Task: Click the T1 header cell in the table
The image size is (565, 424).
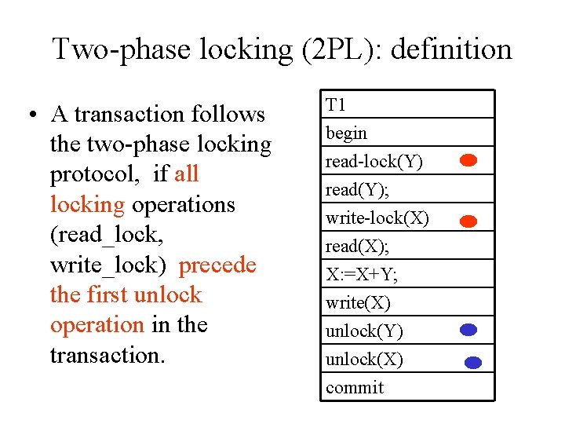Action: [x=336, y=105]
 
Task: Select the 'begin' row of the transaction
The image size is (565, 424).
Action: [x=346, y=133]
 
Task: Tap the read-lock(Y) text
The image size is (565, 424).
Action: [x=374, y=162]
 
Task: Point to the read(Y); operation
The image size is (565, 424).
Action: [x=357, y=190]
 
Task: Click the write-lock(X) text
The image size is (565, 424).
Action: [x=377, y=218]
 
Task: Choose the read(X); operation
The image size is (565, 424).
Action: [x=357, y=247]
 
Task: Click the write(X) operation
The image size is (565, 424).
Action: [x=358, y=303]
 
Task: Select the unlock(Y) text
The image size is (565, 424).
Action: [x=364, y=331]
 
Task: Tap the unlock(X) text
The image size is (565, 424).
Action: [x=364, y=360]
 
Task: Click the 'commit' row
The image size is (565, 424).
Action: [x=355, y=388]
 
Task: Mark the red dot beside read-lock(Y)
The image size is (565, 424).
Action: [x=468, y=161]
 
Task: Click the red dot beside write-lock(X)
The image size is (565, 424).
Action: [x=468, y=221]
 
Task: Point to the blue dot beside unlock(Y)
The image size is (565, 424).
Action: [x=468, y=331]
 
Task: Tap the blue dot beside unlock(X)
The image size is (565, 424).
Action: [x=472, y=363]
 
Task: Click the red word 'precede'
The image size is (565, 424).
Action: [x=217, y=265]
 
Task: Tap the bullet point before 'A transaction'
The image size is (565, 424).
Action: [x=29, y=115]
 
